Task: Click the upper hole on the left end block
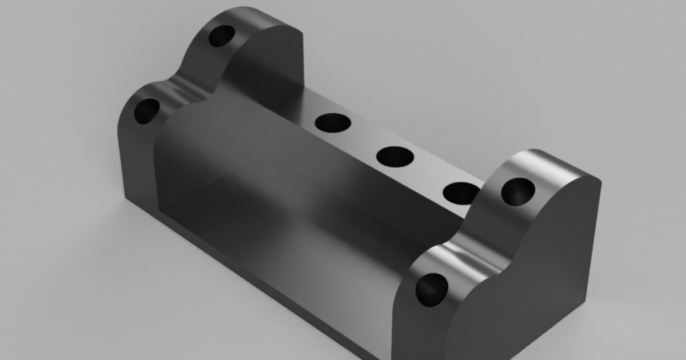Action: tap(221, 36)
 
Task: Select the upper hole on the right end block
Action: tap(518, 191)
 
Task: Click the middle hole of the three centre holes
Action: tap(395, 157)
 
